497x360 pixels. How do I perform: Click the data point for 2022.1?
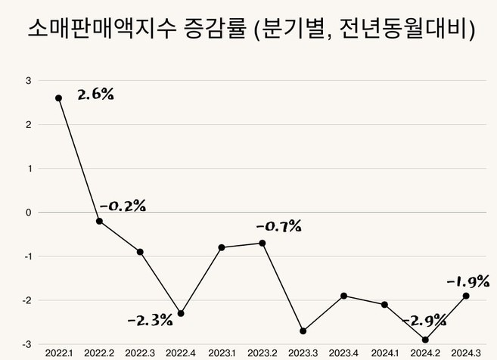pyautogui.click(x=59, y=98)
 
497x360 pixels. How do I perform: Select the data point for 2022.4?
pyautogui.click(x=181, y=313)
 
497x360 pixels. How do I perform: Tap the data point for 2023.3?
pyautogui.click(x=303, y=331)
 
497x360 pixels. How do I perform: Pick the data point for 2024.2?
pyautogui.click(x=425, y=340)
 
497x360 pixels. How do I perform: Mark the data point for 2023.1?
pyautogui.click(x=222, y=247)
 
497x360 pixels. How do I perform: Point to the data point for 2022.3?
pyautogui.click(x=140, y=252)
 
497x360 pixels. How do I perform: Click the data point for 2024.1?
pyautogui.click(x=384, y=304)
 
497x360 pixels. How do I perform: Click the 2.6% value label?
pyautogui.click(x=95, y=95)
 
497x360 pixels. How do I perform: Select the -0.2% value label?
pyautogui.click(x=123, y=205)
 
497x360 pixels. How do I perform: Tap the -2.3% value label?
pyautogui.click(x=150, y=320)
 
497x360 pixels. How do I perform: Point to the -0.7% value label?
pyautogui.click(x=278, y=225)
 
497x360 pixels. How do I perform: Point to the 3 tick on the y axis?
pyautogui.click(x=28, y=80)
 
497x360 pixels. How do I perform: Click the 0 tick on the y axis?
pyautogui.click(x=28, y=213)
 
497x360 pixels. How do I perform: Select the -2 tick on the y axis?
pyautogui.click(x=26, y=300)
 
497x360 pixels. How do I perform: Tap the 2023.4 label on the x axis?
pyautogui.click(x=344, y=353)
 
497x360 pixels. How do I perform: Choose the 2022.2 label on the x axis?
pyautogui.click(x=99, y=353)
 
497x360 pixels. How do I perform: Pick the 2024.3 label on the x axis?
pyautogui.click(x=466, y=353)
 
